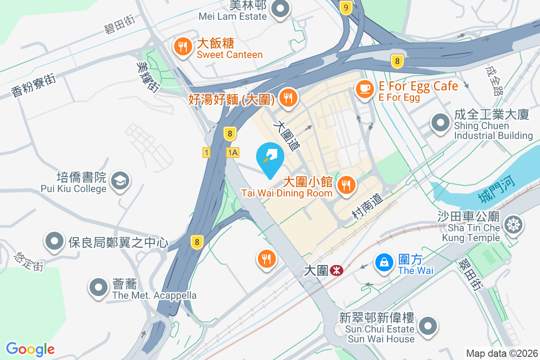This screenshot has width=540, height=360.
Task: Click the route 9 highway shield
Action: pos(346,7)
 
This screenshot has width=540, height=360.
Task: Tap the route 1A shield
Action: pos(232,153)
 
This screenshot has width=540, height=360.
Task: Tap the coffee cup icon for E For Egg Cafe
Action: pos(364,89)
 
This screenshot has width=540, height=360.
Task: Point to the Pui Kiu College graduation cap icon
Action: pos(120,181)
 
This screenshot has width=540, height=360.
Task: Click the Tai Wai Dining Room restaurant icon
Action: pos(346,185)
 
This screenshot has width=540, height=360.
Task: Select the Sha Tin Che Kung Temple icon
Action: pos(513,225)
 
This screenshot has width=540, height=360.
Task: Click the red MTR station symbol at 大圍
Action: pos(336,270)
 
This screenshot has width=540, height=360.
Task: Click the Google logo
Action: pos(30,349)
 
